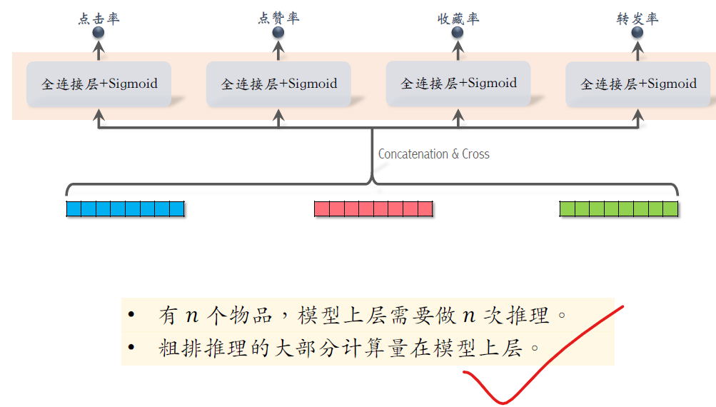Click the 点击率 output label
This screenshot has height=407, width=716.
click(x=99, y=18)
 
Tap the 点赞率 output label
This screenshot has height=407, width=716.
click(x=278, y=18)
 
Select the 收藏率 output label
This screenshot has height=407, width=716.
click(x=458, y=18)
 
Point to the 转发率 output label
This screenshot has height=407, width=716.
click(x=637, y=18)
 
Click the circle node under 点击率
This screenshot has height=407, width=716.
click(x=99, y=32)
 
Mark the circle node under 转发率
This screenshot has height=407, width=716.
click(x=637, y=32)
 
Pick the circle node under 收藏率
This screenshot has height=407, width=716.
click(x=458, y=32)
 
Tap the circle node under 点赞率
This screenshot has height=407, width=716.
click(x=278, y=32)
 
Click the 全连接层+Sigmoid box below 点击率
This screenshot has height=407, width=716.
click(x=99, y=84)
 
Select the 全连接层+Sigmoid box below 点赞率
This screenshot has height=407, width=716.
click(x=278, y=84)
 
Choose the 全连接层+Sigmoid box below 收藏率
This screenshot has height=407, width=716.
click(x=458, y=84)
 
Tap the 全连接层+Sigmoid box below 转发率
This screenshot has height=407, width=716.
click(x=637, y=84)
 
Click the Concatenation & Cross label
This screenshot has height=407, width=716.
click(x=433, y=154)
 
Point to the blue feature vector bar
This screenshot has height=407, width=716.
click(x=125, y=208)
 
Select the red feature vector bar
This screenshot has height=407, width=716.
click(x=373, y=208)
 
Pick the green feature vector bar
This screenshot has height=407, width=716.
click(x=618, y=208)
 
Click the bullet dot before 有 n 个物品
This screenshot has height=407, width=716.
click(x=131, y=316)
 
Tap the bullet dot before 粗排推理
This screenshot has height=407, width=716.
click(x=131, y=348)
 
